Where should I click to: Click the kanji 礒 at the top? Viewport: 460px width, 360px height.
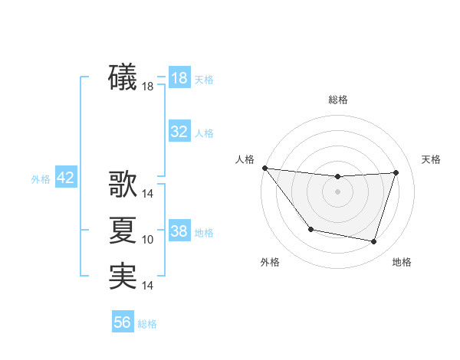click(123, 78)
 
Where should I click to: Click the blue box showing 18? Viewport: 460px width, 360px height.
click(179, 78)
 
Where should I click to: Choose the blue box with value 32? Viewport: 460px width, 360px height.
click(179, 132)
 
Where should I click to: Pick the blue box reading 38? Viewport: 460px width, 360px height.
click(179, 231)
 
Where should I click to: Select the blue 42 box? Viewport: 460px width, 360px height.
click(65, 178)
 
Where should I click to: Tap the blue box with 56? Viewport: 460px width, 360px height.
click(123, 322)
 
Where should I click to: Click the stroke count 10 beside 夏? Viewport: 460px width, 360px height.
click(148, 240)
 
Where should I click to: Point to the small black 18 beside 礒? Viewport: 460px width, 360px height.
click(148, 87)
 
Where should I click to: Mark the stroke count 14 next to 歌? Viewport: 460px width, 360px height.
click(148, 195)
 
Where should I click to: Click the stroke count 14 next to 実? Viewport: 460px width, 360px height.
click(148, 286)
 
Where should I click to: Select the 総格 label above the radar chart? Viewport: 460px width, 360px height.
click(338, 100)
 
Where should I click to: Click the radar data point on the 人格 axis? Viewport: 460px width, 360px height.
click(264, 168)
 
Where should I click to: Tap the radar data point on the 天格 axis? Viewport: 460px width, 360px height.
click(396, 172)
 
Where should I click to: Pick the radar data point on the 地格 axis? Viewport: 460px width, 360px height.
click(374, 242)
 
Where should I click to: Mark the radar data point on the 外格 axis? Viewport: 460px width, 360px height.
click(310, 229)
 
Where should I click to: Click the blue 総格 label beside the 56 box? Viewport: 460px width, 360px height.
click(147, 324)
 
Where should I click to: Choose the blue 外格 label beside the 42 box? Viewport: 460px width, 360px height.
click(41, 179)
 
